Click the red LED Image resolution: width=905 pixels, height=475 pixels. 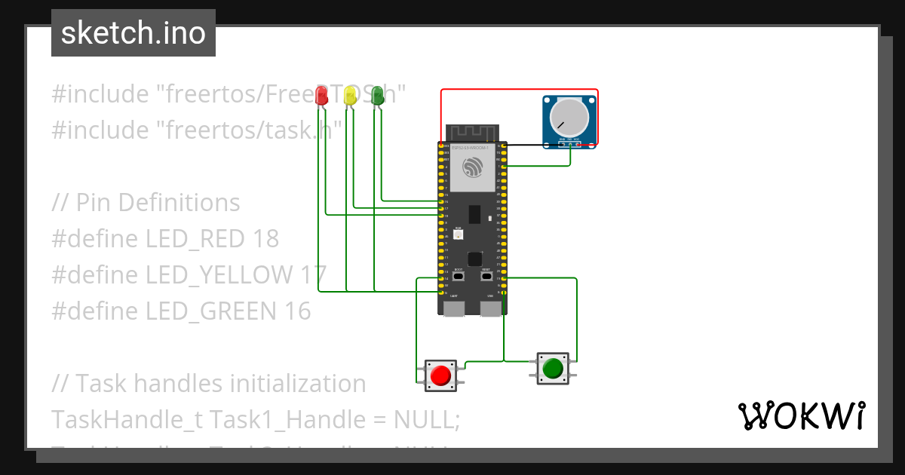pyautogui.click(x=322, y=95)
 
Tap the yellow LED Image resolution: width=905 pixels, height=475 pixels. pyautogui.click(x=350, y=95)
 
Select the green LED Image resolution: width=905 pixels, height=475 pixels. pyautogui.click(x=378, y=95)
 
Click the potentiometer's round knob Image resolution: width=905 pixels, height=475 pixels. pyautogui.click(x=569, y=118)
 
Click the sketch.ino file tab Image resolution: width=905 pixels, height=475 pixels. pyautogui.click(x=133, y=33)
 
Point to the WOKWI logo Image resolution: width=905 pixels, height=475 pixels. pyautogui.click(x=800, y=415)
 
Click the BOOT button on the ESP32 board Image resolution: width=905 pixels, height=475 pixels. pyautogui.click(x=458, y=277)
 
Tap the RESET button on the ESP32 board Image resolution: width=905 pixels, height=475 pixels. pyautogui.click(x=486, y=277)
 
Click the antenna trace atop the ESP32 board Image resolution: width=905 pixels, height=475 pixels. pyautogui.click(x=472, y=133)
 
